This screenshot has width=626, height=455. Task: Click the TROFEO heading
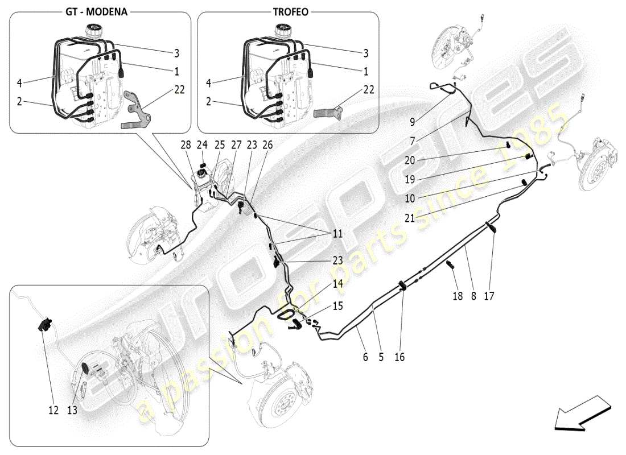point(289,11)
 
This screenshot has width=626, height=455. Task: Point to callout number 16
point(400,357)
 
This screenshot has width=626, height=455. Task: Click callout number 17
point(488,296)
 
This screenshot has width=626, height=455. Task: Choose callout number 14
point(337,283)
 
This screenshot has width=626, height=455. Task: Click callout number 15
point(337,306)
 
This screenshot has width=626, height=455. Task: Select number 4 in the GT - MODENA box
point(19,83)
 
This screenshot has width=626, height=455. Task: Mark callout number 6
point(365,357)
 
